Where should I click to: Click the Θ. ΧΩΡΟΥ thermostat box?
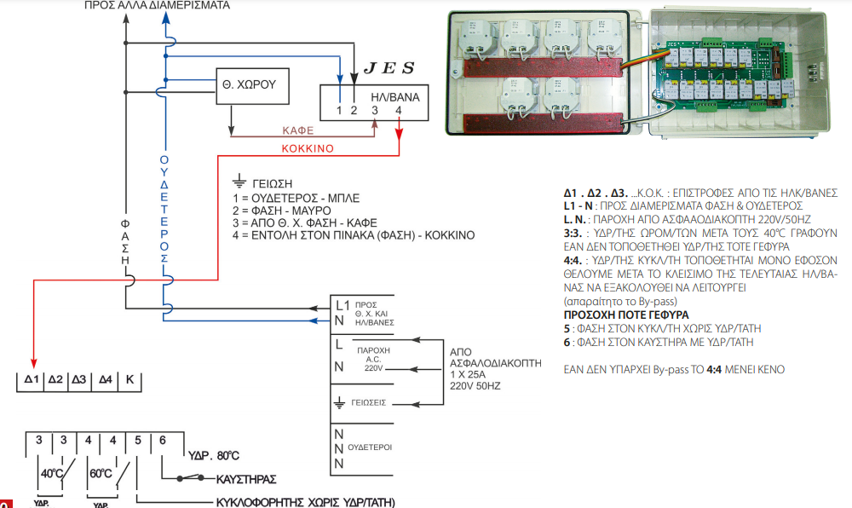[251, 84]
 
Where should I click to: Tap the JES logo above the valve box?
[389, 67]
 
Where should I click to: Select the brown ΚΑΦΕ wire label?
[298, 130]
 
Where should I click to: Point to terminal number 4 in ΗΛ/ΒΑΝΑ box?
[399, 110]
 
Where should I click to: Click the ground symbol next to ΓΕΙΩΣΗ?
[239, 182]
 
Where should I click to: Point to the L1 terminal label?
[343, 304]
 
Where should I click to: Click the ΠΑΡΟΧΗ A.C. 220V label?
[374, 358]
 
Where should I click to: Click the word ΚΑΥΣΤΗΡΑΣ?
[245, 479]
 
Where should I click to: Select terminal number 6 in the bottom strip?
[162, 440]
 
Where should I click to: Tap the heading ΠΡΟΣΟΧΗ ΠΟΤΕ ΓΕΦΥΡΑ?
[626, 315]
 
